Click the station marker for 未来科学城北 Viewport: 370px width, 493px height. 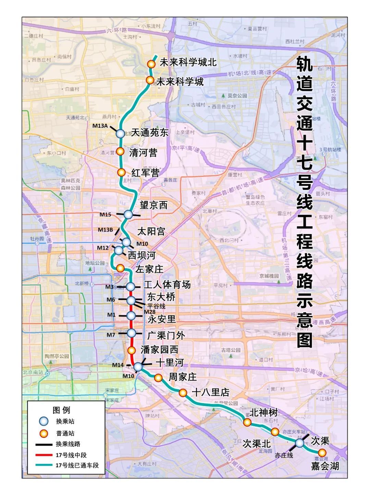151,64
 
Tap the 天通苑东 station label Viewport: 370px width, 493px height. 150,132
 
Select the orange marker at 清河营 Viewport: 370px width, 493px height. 120,151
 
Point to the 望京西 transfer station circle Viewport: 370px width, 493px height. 128,214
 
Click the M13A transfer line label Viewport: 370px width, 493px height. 100,126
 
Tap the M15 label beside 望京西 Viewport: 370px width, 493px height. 106,214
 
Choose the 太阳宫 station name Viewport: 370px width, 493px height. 151,231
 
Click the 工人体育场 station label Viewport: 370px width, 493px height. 167,285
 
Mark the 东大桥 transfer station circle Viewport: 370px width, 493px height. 131,300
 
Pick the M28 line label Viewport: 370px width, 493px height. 149,312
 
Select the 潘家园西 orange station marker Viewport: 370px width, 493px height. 132,350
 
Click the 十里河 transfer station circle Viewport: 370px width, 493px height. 138,367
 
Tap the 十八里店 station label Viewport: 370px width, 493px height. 210,392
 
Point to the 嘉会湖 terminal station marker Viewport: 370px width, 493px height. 322,453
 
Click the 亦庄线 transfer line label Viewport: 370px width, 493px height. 284,455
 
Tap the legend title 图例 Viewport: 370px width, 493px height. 61,410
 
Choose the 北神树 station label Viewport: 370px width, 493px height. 263,412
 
